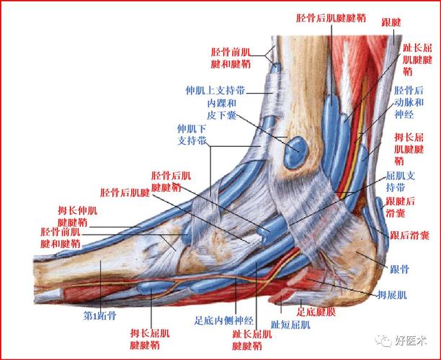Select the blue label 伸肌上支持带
click(x=215, y=91)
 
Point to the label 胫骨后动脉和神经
click(x=409, y=102)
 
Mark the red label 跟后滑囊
click(x=409, y=235)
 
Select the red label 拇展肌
click(x=392, y=295)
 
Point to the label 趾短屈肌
click(x=290, y=325)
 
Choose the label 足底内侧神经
click(x=224, y=320)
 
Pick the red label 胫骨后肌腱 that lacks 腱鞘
click(x=125, y=192)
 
